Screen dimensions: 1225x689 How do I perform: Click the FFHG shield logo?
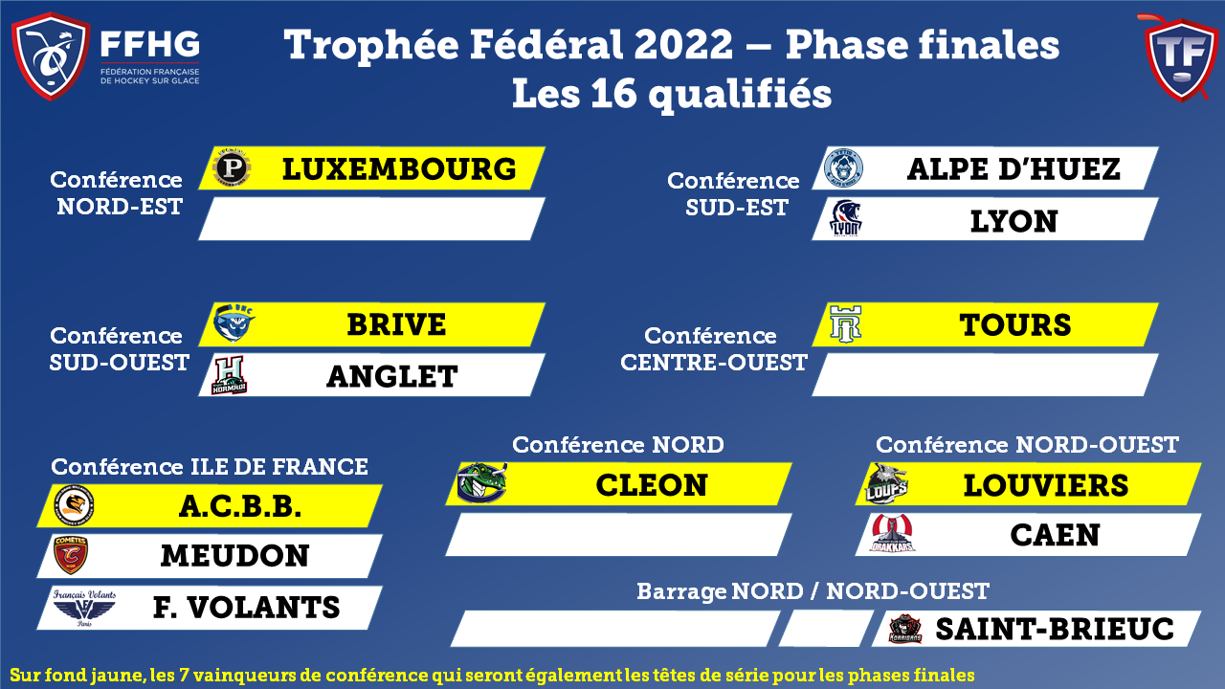(x=51, y=56)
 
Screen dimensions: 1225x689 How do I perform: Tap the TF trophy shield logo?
(x=1181, y=58)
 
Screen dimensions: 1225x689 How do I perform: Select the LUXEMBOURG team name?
(x=399, y=169)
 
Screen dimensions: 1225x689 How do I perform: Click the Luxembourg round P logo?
(x=232, y=167)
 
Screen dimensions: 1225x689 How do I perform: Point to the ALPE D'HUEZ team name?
(x=1013, y=169)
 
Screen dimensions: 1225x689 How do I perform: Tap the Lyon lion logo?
(x=845, y=217)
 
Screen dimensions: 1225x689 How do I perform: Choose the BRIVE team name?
(x=396, y=324)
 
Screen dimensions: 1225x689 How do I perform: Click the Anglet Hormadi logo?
(x=229, y=375)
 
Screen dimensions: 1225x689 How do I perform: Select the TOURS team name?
(x=1015, y=324)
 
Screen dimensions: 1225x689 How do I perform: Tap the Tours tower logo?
(x=845, y=324)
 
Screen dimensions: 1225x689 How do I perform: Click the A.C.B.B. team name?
(x=240, y=506)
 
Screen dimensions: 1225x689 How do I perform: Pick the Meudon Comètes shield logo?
(x=71, y=554)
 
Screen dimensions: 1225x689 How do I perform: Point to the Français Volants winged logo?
(x=84, y=607)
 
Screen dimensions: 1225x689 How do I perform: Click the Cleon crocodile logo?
(x=481, y=483)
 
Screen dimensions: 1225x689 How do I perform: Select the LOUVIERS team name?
(x=1046, y=485)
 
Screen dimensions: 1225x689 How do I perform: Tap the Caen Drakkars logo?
(x=892, y=533)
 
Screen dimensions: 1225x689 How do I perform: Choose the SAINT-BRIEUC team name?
(x=1055, y=629)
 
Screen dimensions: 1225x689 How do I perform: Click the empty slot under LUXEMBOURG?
(x=372, y=219)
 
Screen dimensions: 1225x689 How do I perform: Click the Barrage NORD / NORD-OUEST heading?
(x=813, y=591)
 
